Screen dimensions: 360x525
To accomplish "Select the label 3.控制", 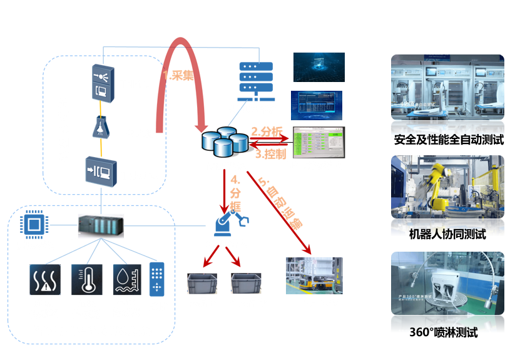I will pyautogui.click(x=270, y=153).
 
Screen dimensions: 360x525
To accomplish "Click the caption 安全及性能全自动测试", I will pyautogui.click(x=449, y=140).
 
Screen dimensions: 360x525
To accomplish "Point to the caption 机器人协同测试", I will pyautogui.click(x=447, y=235).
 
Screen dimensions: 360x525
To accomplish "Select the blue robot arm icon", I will pyautogui.click(x=230, y=223).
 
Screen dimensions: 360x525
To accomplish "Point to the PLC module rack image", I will pyautogui.click(x=101, y=225).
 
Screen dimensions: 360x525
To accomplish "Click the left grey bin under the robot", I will pyautogui.click(x=202, y=283).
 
